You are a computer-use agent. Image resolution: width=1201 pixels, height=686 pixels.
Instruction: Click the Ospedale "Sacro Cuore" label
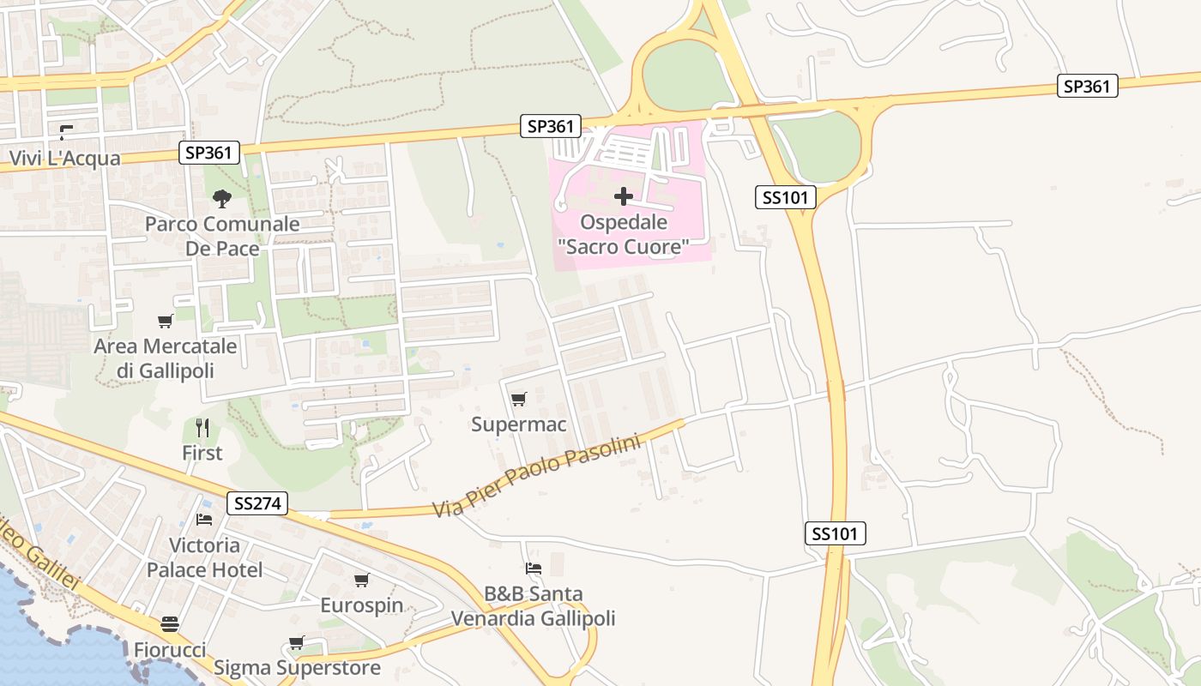click(624, 235)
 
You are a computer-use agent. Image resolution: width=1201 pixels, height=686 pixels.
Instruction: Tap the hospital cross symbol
click(624, 197)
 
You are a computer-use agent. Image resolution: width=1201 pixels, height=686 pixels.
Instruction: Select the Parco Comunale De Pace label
click(222, 237)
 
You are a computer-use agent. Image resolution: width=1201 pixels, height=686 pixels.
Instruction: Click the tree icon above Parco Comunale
click(222, 199)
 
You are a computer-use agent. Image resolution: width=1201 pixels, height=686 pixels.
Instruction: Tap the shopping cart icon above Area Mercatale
click(165, 322)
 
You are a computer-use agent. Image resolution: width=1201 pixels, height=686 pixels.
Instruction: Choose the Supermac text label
click(518, 424)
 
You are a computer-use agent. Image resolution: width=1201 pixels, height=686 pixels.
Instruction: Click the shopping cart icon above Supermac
click(518, 399)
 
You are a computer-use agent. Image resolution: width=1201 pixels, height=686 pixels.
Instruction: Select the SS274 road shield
click(257, 503)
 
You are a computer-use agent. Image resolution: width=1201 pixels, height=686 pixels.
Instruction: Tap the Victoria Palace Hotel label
click(204, 557)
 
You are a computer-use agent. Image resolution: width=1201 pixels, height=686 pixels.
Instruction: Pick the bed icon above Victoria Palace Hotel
click(204, 520)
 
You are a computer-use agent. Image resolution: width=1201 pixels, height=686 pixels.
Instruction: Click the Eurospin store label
click(361, 605)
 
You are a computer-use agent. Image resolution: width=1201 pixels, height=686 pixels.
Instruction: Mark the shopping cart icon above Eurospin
click(361, 581)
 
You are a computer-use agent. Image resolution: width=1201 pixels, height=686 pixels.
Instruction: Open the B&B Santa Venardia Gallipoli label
click(533, 606)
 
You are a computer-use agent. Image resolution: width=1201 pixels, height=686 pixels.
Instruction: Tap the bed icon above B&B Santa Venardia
click(533, 569)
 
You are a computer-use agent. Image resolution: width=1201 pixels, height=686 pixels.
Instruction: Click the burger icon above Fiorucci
click(170, 623)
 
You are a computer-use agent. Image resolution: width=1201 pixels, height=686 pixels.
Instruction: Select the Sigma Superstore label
click(297, 667)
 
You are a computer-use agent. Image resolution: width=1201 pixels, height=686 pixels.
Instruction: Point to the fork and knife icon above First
click(202, 427)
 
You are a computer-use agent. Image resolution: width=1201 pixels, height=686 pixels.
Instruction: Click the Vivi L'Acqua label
click(65, 159)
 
